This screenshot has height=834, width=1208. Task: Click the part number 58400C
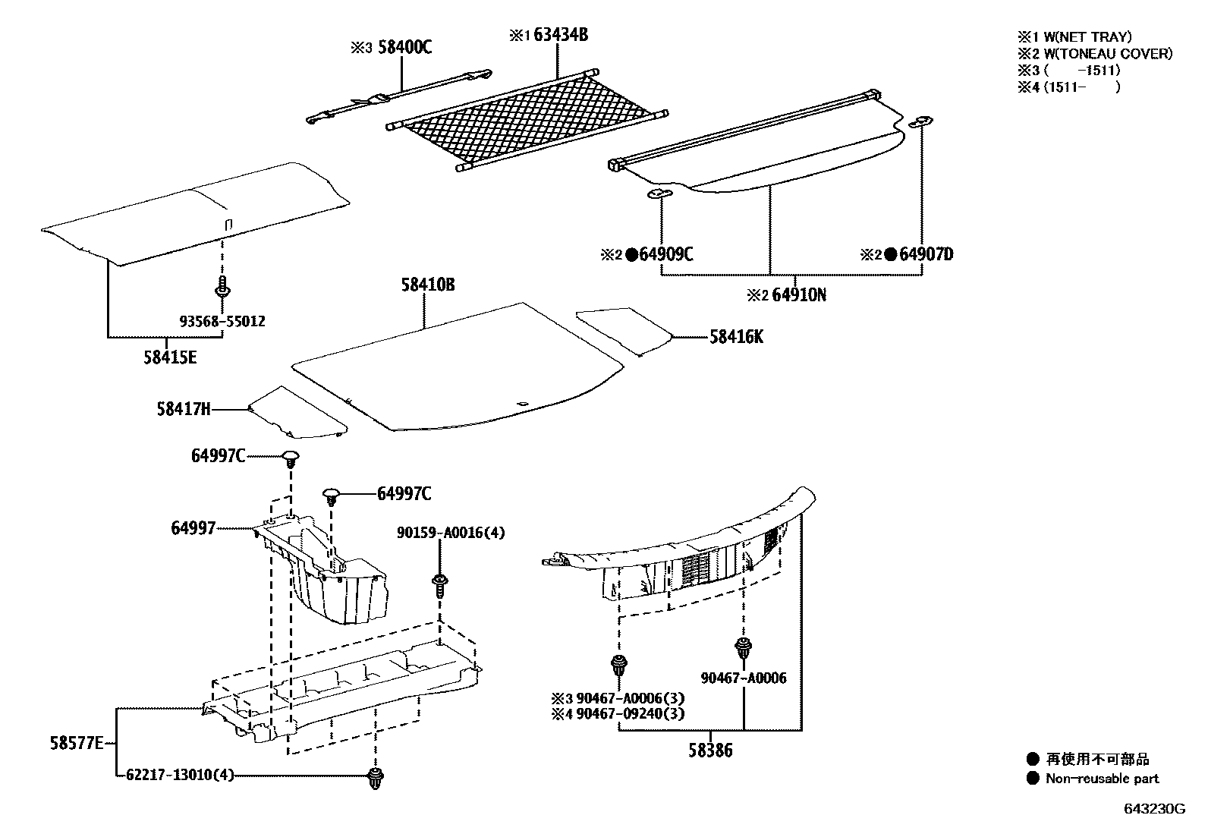point(404,48)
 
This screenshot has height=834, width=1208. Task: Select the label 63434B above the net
point(559,35)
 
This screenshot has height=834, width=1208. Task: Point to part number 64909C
point(665,255)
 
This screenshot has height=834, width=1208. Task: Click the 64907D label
point(926,255)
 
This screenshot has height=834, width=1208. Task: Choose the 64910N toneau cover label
point(799,295)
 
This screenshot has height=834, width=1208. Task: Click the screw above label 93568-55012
point(223,289)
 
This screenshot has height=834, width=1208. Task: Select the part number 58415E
point(169,357)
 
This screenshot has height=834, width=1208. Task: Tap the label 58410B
point(428,285)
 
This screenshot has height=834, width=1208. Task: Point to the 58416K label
point(736,337)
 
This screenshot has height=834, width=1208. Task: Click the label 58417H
point(184,409)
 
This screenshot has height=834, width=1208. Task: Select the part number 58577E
point(77,743)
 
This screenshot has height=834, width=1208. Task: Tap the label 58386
point(711,751)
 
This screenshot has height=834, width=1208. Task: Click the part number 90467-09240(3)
point(641,713)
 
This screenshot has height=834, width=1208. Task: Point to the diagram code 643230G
point(1153,808)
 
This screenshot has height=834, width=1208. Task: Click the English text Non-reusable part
point(1102,779)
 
